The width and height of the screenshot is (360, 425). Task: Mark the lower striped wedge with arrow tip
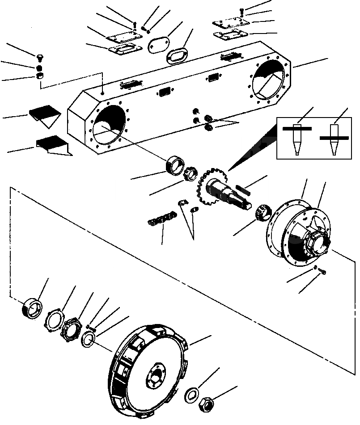pyautogui.click(x=53, y=145)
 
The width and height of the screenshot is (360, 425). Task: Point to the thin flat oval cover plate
pyautogui.click(x=156, y=46)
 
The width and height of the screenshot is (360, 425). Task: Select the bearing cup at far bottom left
pyautogui.click(x=31, y=308)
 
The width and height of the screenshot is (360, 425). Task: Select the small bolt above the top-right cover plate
pyautogui.click(x=242, y=10)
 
